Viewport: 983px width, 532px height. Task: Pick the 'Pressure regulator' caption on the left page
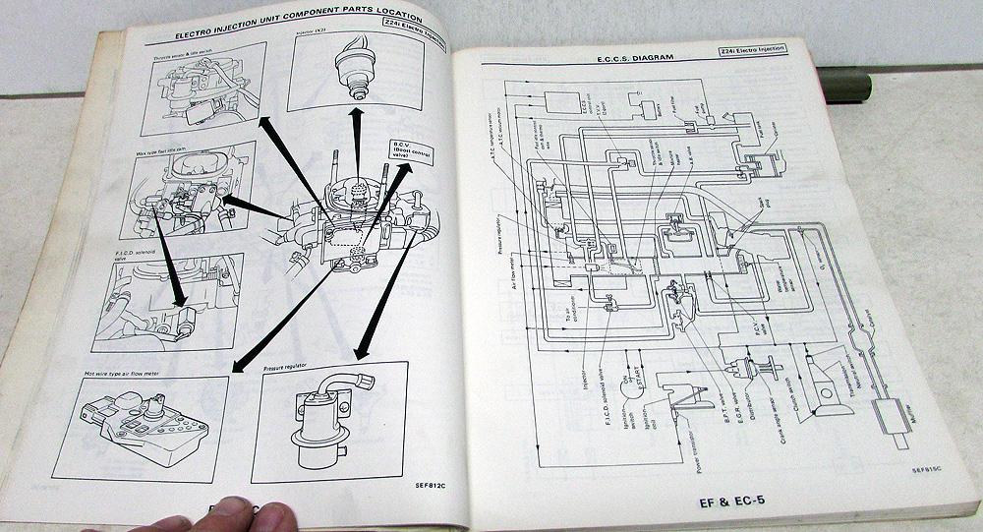(x=285, y=366)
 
